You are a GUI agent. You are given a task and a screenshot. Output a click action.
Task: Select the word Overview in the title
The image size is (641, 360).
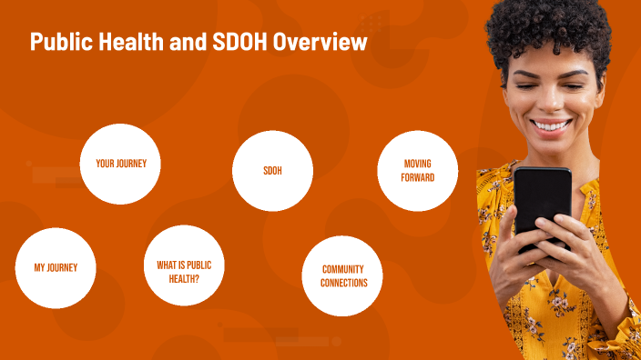pos(322,42)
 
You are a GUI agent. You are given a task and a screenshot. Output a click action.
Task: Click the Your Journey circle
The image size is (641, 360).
pos(120,164)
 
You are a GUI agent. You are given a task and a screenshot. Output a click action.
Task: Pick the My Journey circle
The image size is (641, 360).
pos(56,267)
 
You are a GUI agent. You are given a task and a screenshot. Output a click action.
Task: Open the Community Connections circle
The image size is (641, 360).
pos(343,276)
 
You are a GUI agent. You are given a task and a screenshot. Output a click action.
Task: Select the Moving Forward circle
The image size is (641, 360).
pos(417,171)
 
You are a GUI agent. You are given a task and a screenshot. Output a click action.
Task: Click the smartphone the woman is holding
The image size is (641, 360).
pos(542,205)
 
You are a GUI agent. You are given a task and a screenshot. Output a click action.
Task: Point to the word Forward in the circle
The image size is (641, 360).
pos(417,177)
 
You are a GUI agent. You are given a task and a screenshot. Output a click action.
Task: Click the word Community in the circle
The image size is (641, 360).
pos(343,270)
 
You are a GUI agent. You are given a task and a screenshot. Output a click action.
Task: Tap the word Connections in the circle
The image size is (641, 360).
pos(343,283)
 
